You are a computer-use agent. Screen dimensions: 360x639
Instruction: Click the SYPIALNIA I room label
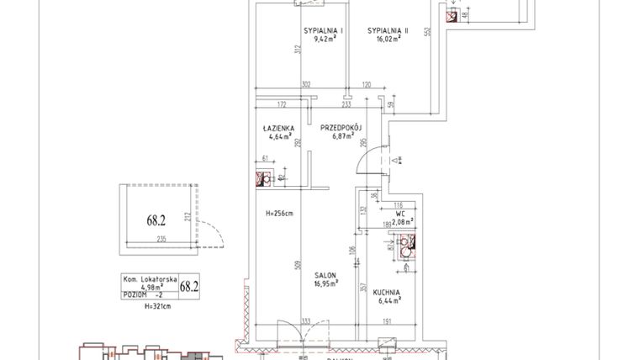[x=319, y=30]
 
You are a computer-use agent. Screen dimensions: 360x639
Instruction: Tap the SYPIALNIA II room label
[x=387, y=30]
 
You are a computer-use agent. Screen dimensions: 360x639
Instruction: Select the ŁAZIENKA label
[x=277, y=128]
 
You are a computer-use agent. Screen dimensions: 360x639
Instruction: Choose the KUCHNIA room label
[x=388, y=293]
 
